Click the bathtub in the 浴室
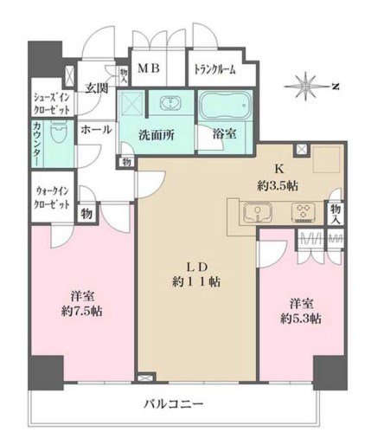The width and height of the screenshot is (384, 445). [226, 110]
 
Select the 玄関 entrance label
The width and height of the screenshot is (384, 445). [95, 88]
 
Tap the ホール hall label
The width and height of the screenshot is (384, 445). [95, 130]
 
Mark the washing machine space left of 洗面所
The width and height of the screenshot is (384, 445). [134, 106]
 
